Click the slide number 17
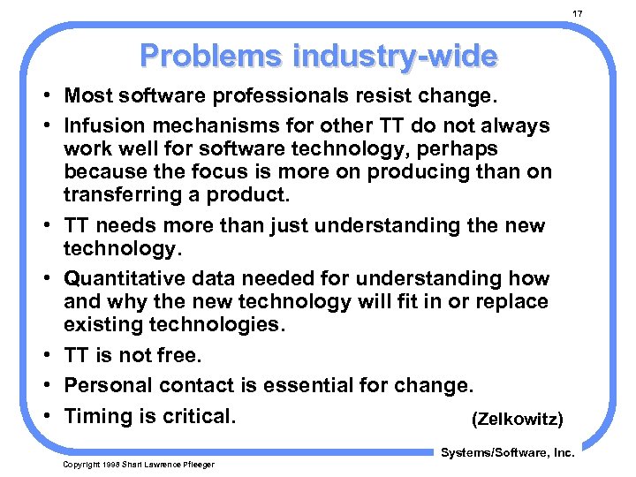coord(578,13)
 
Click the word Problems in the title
coord(202,56)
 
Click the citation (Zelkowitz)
coord(517,418)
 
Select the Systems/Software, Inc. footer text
coord(507,452)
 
